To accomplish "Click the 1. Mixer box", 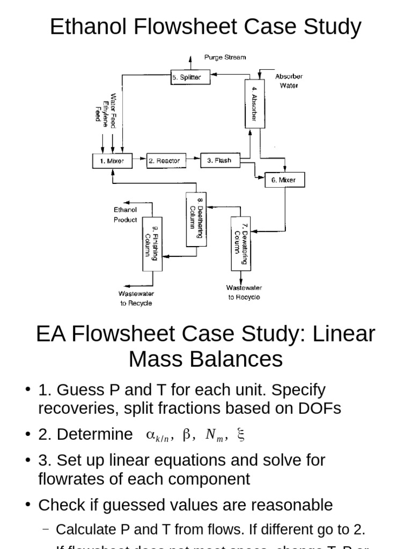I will point(112,160).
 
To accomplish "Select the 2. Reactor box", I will point(164,160).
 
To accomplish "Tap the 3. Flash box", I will point(220,160).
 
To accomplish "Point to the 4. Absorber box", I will point(254,103).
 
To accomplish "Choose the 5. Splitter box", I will point(190,77).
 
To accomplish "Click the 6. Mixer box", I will point(285,180).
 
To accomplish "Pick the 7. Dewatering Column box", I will point(240,243).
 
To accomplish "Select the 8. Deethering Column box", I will point(196,219).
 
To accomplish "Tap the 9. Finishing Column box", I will point(152,243).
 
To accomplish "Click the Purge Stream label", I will point(225,57).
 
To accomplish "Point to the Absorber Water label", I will point(289,81).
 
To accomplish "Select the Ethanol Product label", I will point(125,214).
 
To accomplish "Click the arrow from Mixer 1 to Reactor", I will point(139,160).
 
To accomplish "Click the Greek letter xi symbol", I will point(240,435).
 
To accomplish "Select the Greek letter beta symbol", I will point(187,435).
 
